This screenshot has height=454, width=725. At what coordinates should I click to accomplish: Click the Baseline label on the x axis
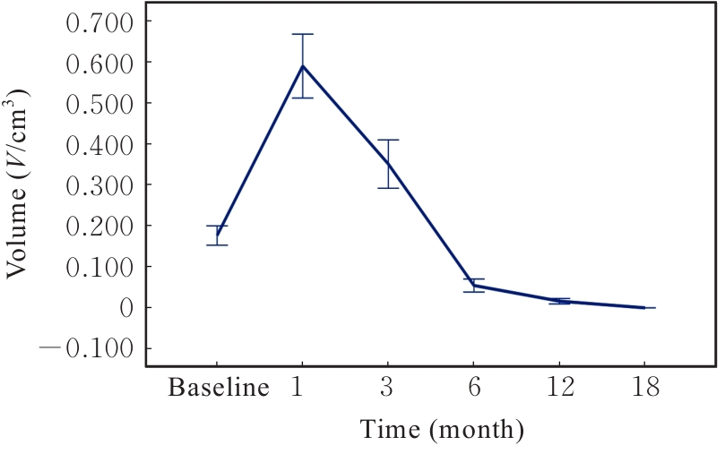(x=220, y=389)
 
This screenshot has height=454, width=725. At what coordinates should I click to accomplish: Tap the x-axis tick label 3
(x=387, y=389)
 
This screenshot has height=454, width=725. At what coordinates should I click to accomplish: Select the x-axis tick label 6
(x=474, y=389)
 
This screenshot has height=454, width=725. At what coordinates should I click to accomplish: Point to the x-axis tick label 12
(x=559, y=389)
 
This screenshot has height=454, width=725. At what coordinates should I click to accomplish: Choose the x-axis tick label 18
(x=644, y=389)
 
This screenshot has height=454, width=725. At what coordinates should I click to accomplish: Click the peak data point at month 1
(x=303, y=65)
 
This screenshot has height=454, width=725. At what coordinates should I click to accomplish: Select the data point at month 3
(x=387, y=163)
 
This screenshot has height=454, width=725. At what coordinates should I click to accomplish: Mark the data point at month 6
(x=474, y=285)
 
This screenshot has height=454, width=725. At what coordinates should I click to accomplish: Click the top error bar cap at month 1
(x=303, y=34)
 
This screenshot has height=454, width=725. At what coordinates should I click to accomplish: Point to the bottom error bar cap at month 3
(x=387, y=188)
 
